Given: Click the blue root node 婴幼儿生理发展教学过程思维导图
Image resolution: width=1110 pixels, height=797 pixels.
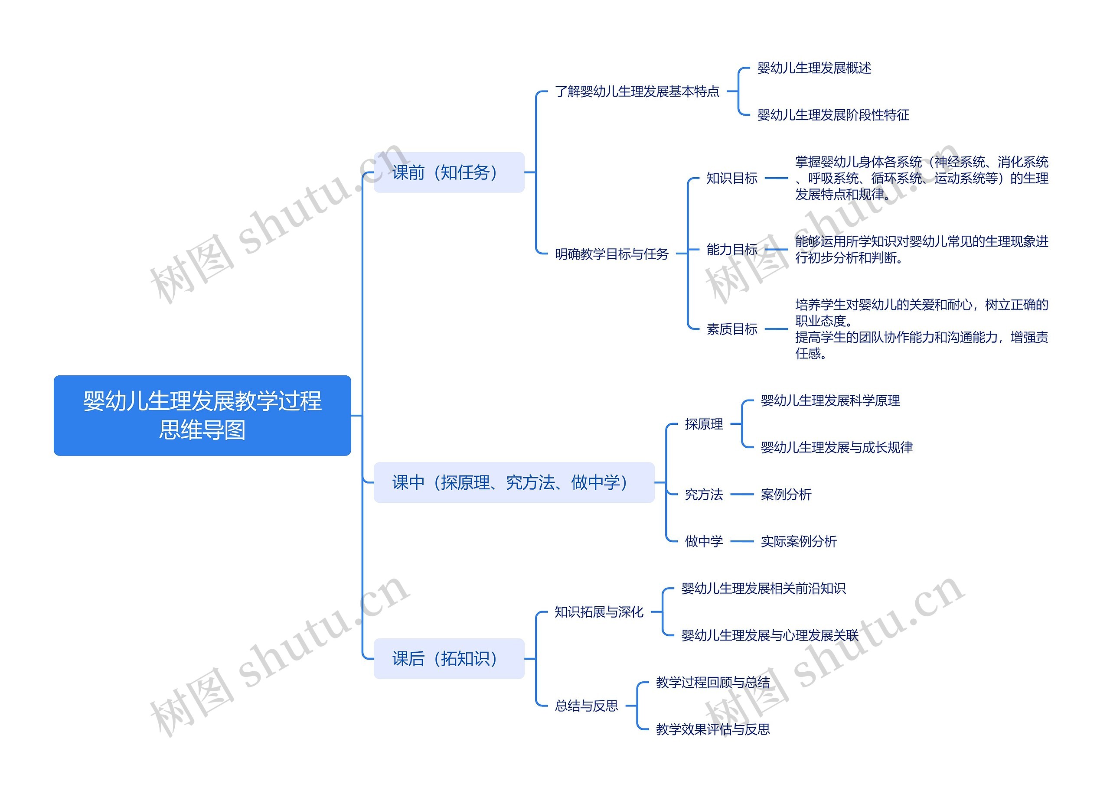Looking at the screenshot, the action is click(x=202, y=415).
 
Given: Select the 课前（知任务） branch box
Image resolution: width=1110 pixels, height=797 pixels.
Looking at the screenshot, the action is click(x=449, y=172).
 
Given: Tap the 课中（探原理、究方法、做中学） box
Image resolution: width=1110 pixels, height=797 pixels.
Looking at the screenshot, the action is click(x=514, y=482).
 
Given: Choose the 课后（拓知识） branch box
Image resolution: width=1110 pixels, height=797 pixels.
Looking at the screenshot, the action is click(x=449, y=659).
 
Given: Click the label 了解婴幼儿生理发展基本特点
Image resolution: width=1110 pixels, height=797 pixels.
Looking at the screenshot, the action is click(x=637, y=91).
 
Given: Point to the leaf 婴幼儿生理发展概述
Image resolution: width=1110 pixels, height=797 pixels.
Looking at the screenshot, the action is click(x=814, y=68).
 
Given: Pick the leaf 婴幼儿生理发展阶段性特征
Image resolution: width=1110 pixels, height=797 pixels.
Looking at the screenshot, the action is click(x=833, y=115).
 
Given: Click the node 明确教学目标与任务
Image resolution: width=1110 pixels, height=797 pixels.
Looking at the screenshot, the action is click(x=612, y=254).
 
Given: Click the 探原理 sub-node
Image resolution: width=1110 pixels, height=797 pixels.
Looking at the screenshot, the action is click(x=704, y=424).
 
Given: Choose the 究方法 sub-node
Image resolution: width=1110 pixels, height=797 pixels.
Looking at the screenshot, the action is click(x=704, y=494).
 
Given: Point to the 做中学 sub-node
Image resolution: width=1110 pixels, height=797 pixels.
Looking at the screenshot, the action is click(x=704, y=541).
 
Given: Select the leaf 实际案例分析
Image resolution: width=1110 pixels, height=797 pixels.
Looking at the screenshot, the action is click(x=799, y=541).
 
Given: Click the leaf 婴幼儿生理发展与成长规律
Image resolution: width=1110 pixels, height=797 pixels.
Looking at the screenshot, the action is click(x=836, y=447).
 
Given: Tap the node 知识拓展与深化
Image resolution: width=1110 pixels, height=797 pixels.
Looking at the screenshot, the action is click(x=599, y=612).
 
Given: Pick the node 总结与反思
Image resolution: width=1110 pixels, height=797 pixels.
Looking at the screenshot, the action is click(x=586, y=706).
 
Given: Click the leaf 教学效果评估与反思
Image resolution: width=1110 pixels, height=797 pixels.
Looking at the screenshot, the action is click(x=712, y=729).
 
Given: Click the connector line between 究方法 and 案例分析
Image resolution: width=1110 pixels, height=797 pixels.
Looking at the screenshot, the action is click(x=742, y=494).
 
